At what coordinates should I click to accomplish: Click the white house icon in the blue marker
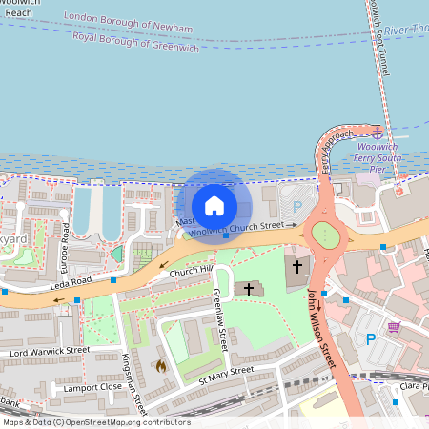coord(214,205)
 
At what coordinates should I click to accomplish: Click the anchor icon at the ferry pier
coord(378,133)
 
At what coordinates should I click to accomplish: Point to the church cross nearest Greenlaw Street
coord(250,288)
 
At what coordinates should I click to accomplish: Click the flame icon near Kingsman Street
coord(161,364)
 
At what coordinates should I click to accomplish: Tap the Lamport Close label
coord(92,388)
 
